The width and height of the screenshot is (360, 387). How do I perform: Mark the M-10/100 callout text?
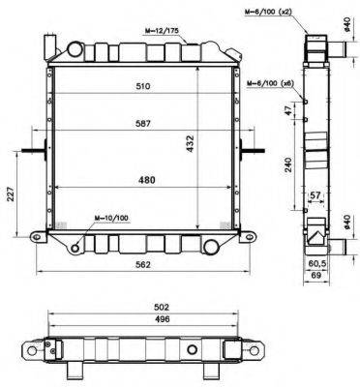click(112, 218)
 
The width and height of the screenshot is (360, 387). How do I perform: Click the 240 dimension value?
click(289, 165)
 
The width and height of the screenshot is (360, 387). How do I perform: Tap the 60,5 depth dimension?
click(316, 262)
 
